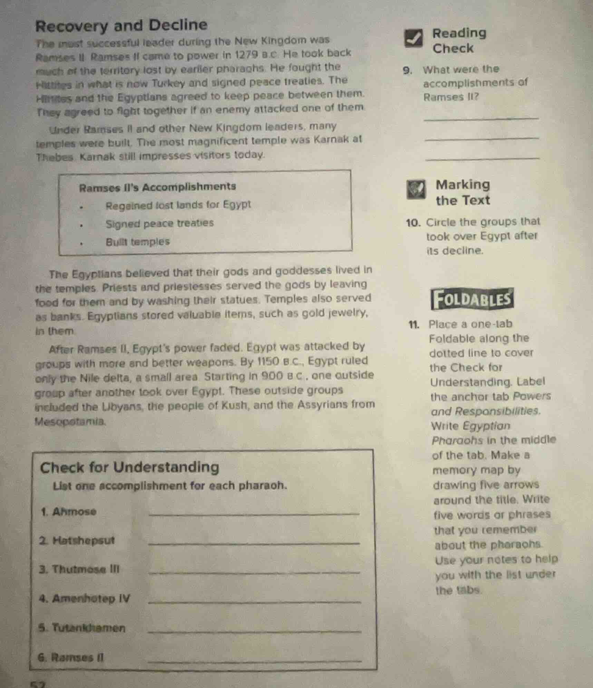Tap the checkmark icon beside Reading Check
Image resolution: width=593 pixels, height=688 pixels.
(414, 39)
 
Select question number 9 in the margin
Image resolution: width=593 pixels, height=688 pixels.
(407, 70)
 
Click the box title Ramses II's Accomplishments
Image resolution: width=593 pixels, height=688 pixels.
(157, 187)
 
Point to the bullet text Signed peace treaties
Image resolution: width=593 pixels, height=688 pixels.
(159, 223)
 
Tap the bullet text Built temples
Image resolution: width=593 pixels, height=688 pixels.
(138, 242)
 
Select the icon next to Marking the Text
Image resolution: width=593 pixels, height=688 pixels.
(416, 190)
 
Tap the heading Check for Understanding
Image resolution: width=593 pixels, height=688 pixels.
(129, 467)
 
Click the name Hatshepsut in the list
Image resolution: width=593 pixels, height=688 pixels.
(83, 540)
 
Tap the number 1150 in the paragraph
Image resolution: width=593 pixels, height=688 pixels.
(268, 361)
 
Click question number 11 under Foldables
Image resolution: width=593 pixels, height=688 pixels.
(414, 324)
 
